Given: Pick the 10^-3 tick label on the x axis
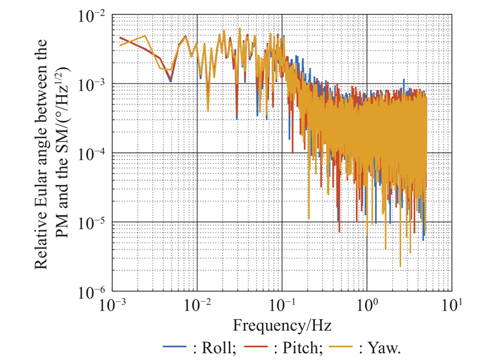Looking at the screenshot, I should coord(113,306).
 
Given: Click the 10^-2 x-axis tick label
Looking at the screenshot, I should coord(197,306).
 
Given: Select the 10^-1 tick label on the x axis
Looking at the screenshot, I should coord(282,306).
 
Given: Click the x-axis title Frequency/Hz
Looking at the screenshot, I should coord(282,325).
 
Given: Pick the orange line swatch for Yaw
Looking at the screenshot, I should coord(351,346).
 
